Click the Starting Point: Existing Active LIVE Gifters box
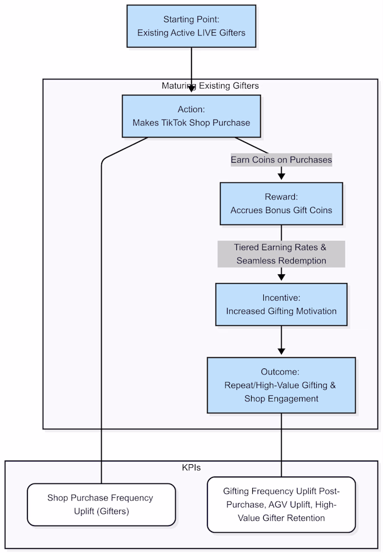tap(191, 26)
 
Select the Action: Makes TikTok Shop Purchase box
tap(191, 116)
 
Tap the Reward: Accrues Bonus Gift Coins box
tap(281, 204)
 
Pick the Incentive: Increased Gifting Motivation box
tap(281, 304)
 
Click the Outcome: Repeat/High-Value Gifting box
tap(281, 385)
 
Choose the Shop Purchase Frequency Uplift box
tap(101, 504)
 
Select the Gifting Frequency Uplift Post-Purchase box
tap(281, 504)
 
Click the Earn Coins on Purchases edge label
tap(281, 160)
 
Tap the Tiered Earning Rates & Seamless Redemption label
tap(281, 254)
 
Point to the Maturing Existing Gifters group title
tap(210, 86)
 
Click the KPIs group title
tap(191, 468)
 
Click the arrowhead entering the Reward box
tap(281, 177)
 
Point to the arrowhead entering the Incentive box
tap(281, 278)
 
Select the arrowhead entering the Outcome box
tap(281, 352)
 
